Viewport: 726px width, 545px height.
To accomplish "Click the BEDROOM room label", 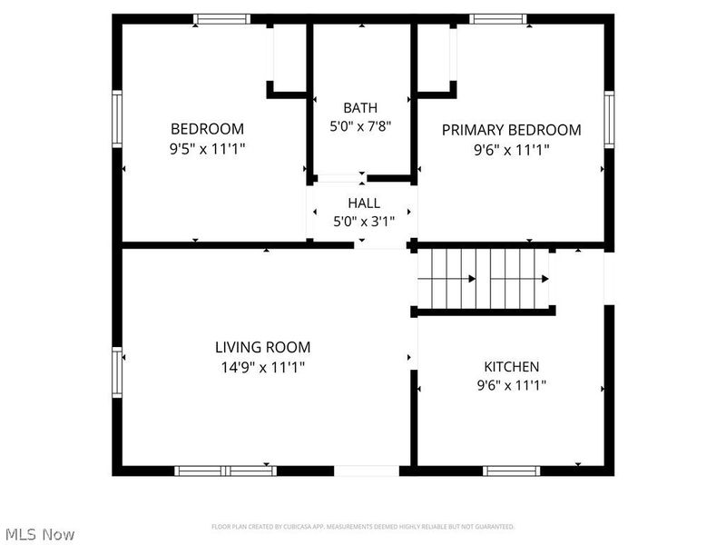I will click(x=207, y=129).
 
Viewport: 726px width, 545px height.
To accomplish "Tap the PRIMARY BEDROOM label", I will click(x=511, y=130).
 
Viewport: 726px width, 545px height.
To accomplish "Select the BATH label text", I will click(x=360, y=107).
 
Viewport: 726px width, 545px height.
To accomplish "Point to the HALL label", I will click(x=363, y=203).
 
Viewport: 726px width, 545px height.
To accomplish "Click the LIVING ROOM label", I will click(x=262, y=347).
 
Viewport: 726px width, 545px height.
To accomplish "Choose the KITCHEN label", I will click(x=511, y=367).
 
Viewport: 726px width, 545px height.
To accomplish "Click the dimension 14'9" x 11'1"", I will click(x=262, y=367).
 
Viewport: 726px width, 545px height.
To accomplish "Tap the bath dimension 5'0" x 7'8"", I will click(x=360, y=127).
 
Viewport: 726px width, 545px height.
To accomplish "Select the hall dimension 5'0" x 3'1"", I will click(x=363, y=222).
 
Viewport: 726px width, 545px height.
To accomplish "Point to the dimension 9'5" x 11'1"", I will click(x=207, y=149).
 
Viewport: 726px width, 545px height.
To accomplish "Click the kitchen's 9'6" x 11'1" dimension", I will click(x=511, y=386).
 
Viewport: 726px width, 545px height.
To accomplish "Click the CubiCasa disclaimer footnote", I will click(x=363, y=527).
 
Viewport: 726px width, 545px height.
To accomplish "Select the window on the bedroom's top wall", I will click(x=222, y=18).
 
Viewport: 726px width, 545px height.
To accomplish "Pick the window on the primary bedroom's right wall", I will click(x=609, y=119).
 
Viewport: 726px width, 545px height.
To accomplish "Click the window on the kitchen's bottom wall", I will click(x=511, y=471).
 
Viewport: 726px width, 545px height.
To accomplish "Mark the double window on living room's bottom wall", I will click(x=225, y=471).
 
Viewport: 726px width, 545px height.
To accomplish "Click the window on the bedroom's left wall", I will click(x=117, y=118).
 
